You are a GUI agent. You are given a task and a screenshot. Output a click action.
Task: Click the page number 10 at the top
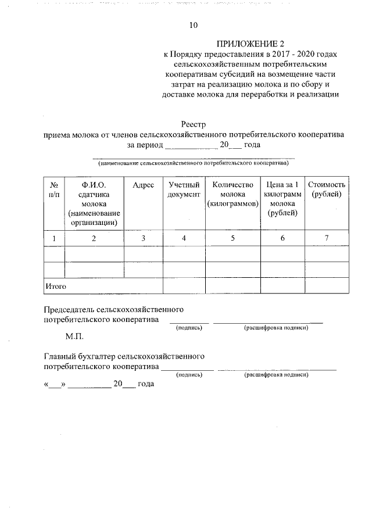pos(194,25)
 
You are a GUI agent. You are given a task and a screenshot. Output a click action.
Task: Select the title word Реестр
pos(194,124)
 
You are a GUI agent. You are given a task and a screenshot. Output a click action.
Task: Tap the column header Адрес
pos(143,184)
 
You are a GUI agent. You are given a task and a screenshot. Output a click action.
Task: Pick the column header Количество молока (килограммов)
pos(233,194)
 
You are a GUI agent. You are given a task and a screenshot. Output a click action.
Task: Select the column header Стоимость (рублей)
pos(328,189)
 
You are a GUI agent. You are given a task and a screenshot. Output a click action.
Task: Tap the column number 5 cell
pos(233,238)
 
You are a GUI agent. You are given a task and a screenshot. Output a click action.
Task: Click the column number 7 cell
pos(328,238)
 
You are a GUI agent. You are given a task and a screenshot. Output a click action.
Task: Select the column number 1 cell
pos(54,238)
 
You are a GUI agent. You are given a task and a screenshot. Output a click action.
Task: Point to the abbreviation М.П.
pos(75,337)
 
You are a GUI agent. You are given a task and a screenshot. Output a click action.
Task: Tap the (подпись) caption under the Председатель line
pos(189,328)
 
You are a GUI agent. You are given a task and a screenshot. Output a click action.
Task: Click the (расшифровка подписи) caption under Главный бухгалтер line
pos(277,376)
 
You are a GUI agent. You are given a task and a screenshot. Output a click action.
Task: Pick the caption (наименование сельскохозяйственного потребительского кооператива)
pos(194,164)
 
